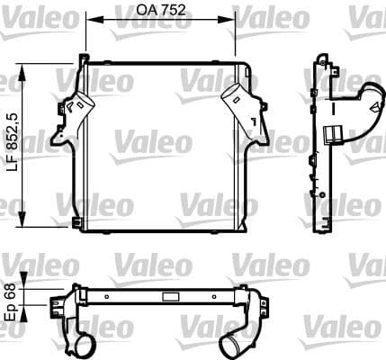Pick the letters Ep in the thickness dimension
click(x=12, y=310)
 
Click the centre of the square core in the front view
click(x=162, y=144)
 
